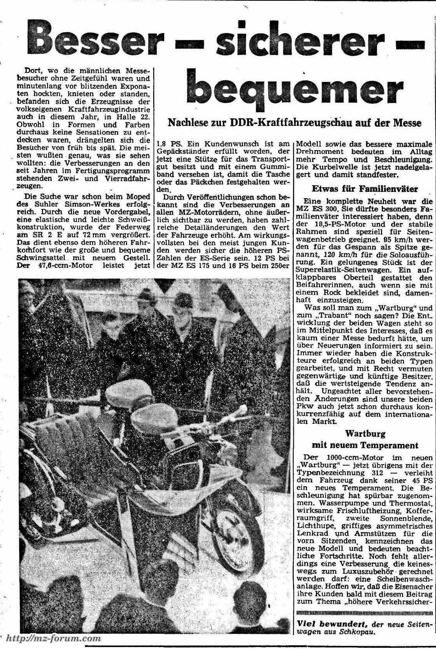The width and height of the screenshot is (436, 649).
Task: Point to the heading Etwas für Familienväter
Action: [x=365, y=189]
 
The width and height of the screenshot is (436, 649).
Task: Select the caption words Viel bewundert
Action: [x=331, y=624]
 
